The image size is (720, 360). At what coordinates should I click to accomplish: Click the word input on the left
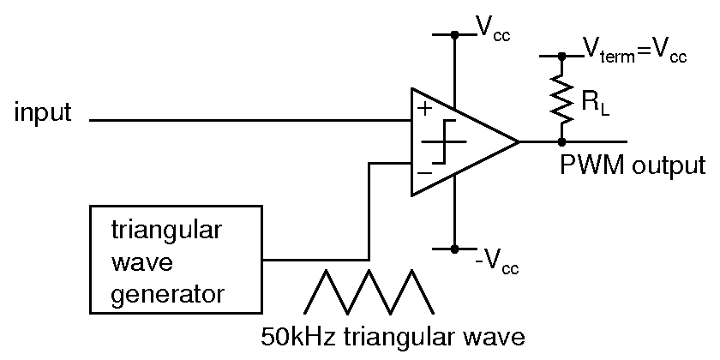[x=42, y=113]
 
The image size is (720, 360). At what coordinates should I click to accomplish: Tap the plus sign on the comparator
[x=423, y=110]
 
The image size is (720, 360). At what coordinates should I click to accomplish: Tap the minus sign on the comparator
[x=423, y=172]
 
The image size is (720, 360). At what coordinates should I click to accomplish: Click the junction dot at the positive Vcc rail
[x=455, y=35]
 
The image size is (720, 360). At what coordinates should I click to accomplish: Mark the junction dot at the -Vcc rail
[x=455, y=249]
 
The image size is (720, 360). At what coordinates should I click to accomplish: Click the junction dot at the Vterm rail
[x=562, y=57]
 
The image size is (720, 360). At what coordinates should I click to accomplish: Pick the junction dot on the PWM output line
[x=562, y=141]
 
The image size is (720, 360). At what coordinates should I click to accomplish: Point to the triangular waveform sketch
[x=368, y=291]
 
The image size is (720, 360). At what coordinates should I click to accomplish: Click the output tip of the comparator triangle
[x=518, y=141]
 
